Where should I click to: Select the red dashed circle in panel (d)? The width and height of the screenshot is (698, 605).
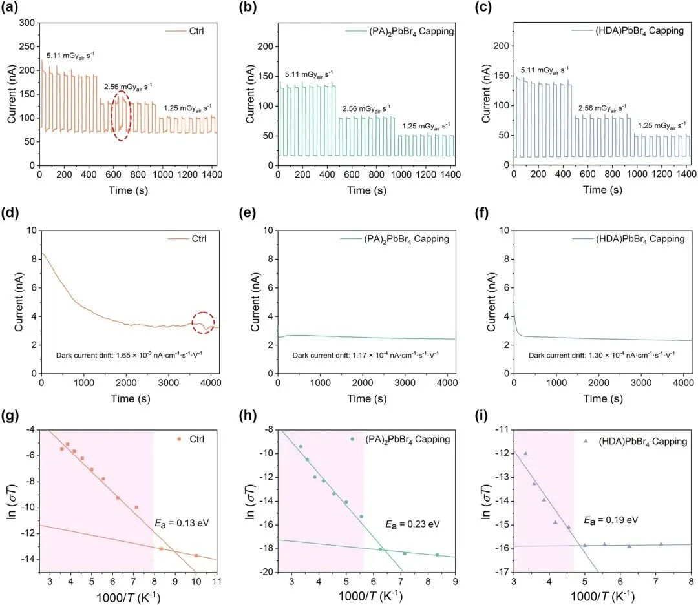pos(203,322)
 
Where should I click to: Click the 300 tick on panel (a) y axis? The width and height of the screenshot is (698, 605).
pos(26,23)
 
